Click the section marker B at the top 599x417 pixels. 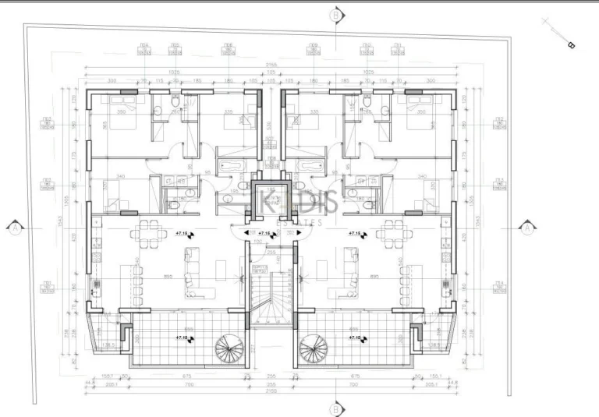335,15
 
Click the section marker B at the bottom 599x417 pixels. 335,406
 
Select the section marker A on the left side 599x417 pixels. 15,228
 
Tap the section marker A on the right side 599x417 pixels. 527,228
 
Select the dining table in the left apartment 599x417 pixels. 147,232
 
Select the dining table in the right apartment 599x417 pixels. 392,232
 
